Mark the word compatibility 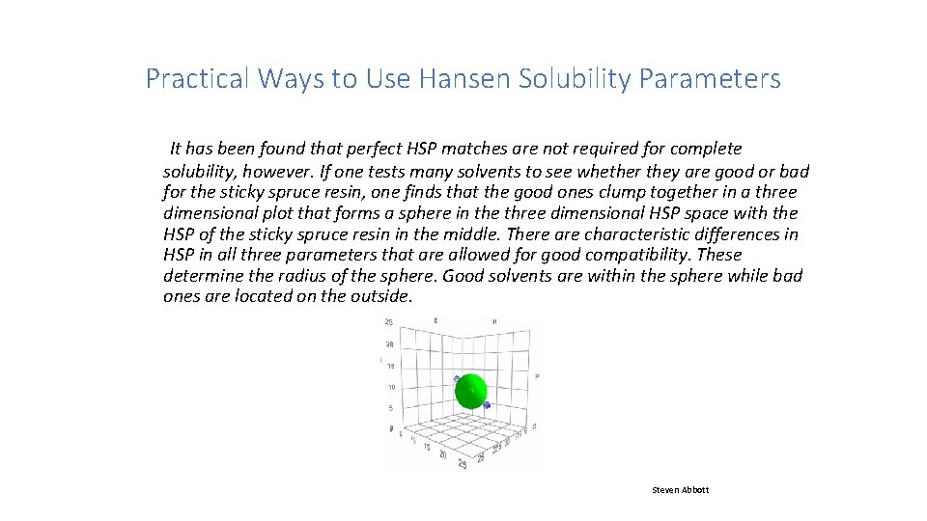623,255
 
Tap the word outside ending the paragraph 379,296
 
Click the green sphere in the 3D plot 471,391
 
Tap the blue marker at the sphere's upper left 457,379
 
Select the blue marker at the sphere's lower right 487,405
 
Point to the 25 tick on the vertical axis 388,322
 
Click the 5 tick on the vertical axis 390,408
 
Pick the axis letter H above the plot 494,320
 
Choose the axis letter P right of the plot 537,375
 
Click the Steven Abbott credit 680,490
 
